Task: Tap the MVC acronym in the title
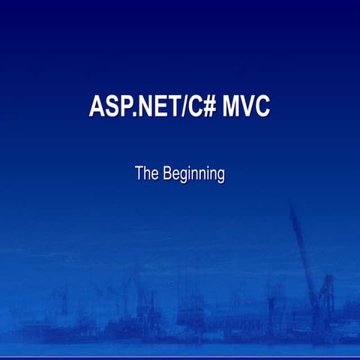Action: point(247,106)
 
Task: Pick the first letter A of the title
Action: point(97,106)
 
